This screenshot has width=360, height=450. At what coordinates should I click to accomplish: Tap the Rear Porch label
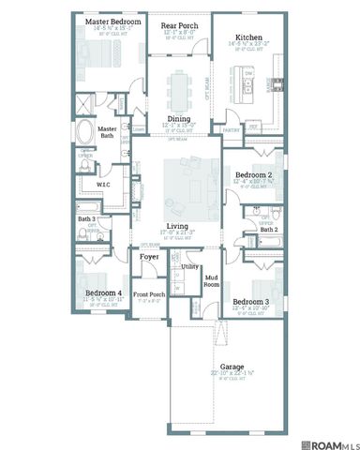(x=178, y=25)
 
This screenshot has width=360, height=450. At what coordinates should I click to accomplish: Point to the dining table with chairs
(x=179, y=88)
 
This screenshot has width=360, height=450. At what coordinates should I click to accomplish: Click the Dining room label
(x=179, y=119)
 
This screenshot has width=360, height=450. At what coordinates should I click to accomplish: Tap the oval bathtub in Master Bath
(x=85, y=130)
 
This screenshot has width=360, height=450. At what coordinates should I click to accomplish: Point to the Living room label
(x=177, y=227)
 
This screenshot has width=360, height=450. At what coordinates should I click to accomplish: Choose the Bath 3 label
(x=86, y=219)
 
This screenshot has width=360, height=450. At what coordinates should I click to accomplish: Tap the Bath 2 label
(x=269, y=229)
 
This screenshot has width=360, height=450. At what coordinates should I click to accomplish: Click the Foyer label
(x=149, y=256)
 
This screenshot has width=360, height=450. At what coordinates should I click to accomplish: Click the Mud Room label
(x=212, y=279)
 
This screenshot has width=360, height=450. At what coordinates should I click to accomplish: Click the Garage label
(x=232, y=367)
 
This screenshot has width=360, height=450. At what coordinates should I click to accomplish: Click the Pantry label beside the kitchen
(x=232, y=130)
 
